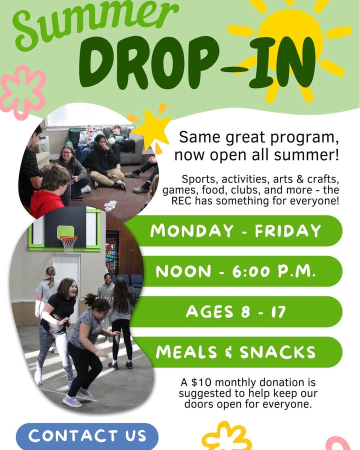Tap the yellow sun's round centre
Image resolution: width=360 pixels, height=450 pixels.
pos(290,40)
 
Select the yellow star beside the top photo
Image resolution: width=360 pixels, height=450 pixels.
pos(150,128)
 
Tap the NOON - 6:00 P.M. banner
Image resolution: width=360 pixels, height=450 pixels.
pos(238,271)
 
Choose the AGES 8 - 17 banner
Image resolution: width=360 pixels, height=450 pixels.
pos(237,311)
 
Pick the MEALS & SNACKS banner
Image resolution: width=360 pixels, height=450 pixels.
pos(238,352)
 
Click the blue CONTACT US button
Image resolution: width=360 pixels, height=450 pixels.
pos(87,436)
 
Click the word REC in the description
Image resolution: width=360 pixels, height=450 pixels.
pos(181,201)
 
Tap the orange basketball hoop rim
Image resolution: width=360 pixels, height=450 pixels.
pos(69,237)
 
